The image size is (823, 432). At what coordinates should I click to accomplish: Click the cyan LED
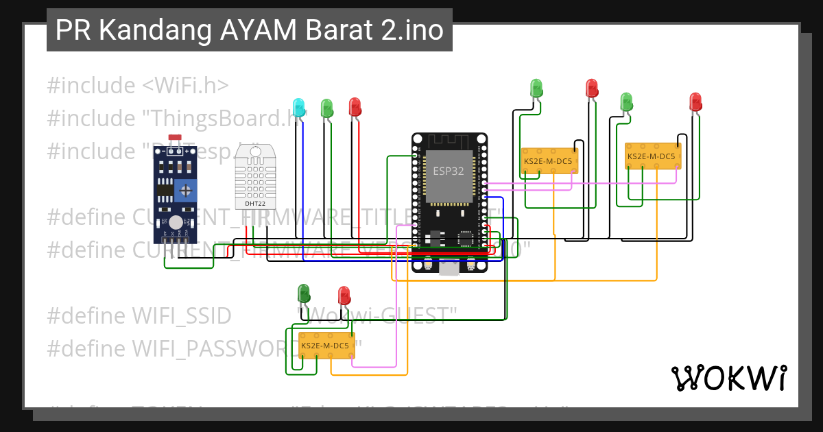[298, 106]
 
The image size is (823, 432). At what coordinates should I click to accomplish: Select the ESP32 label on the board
[448, 171]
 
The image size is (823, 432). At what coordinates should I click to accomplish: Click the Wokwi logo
[728, 378]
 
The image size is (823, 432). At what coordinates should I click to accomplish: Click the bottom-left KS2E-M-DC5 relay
[326, 345]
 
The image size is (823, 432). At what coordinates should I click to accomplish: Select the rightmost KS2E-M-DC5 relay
[651, 156]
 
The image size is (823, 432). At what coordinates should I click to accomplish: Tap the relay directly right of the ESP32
[549, 160]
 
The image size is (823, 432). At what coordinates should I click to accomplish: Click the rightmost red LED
[695, 101]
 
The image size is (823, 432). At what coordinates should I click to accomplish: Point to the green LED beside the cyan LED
[327, 107]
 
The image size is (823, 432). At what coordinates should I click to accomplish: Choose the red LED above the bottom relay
[344, 296]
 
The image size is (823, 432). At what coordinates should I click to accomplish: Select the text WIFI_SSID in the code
[181, 316]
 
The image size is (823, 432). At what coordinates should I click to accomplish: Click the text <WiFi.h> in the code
[185, 86]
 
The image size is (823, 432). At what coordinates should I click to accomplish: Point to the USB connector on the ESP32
[450, 269]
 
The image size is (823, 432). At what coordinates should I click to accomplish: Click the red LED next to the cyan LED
[355, 106]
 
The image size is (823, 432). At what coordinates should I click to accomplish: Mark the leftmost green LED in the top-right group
[536, 88]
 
